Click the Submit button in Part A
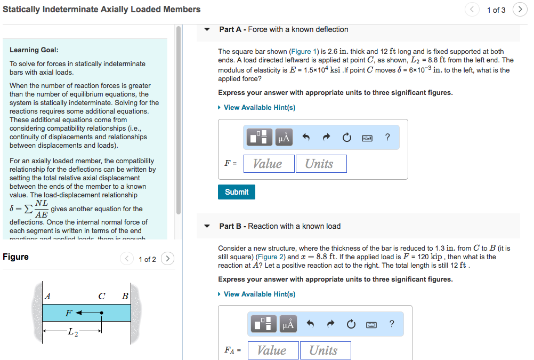tap(236, 192)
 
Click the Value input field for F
tap(269, 164)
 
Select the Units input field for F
tap(321, 164)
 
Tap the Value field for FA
tap(273, 350)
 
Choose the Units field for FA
tap(325, 350)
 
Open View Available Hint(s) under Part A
tap(259, 108)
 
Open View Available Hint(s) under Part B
tap(259, 294)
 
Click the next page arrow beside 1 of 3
tap(520, 10)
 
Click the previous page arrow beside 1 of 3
tap(472, 10)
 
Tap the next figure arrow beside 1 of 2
tap(167, 259)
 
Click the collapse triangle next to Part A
tap(207, 29)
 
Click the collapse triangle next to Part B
tap(207, 226)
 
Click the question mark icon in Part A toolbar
tap(387, 138)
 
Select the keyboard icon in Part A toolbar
tap(367, 138)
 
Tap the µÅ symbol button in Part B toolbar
tap(288, 324)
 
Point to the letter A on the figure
tap(48, 296)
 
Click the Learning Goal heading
tap(34, 50)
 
